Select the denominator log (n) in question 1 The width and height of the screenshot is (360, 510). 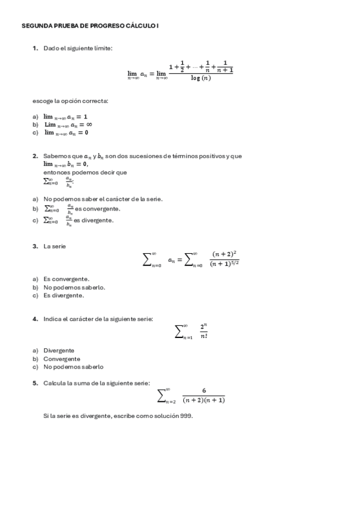[201, 78]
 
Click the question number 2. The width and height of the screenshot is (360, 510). [35, 156]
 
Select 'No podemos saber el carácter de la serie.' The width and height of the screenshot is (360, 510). [103, 198]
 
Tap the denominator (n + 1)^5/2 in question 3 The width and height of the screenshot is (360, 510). [225, 263]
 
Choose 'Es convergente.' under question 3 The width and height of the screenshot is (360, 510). [66, 279]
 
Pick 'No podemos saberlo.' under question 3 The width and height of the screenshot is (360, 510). [74, 287]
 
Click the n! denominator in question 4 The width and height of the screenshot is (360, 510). [204, 336]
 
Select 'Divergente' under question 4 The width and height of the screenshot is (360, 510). [59, 350]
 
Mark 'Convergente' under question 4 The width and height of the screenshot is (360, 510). [61, 358]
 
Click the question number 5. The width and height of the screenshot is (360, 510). [35, 382]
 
